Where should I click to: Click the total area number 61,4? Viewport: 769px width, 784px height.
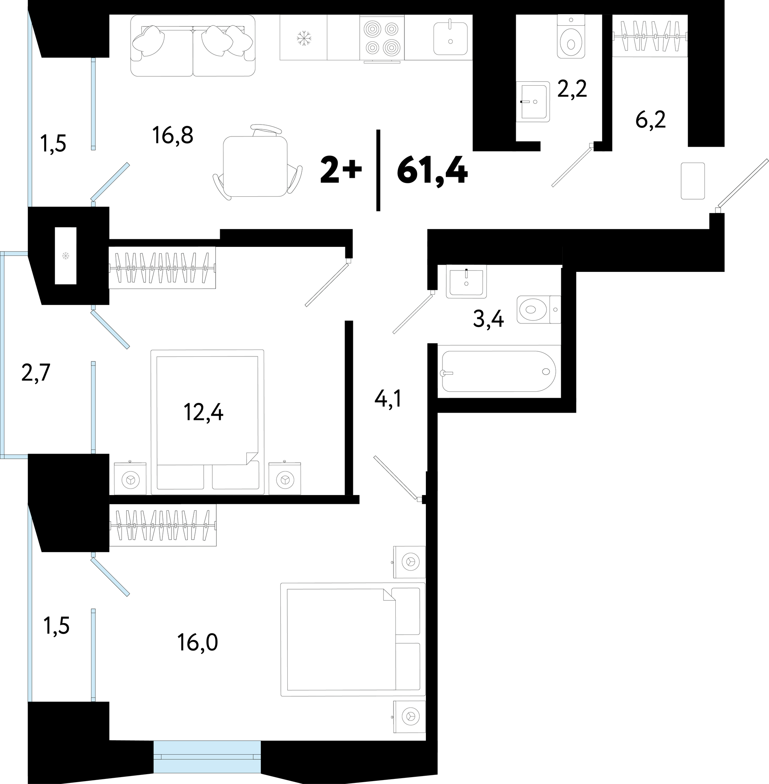(432, 171)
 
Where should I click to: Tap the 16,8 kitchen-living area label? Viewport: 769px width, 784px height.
(173, 135)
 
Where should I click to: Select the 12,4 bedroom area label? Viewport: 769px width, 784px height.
(203, 412)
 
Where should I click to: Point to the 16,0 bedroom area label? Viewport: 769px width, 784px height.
(197, 643)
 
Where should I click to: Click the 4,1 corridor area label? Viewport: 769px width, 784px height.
(388, 399)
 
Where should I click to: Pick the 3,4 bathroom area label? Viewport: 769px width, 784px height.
(488, 319)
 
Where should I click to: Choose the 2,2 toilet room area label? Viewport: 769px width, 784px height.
(572, 89)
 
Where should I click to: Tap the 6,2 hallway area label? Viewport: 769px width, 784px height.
(651, 120)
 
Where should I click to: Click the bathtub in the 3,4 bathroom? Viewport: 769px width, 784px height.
(499, 371)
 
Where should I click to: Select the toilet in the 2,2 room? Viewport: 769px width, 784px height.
(571, 36)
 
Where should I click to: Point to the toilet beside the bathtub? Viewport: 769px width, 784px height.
(539, 310)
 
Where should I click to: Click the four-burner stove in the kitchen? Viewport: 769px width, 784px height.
(382, 38)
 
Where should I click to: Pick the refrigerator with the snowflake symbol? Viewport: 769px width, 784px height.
(303, 38)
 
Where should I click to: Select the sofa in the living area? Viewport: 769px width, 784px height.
(193, 46)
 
